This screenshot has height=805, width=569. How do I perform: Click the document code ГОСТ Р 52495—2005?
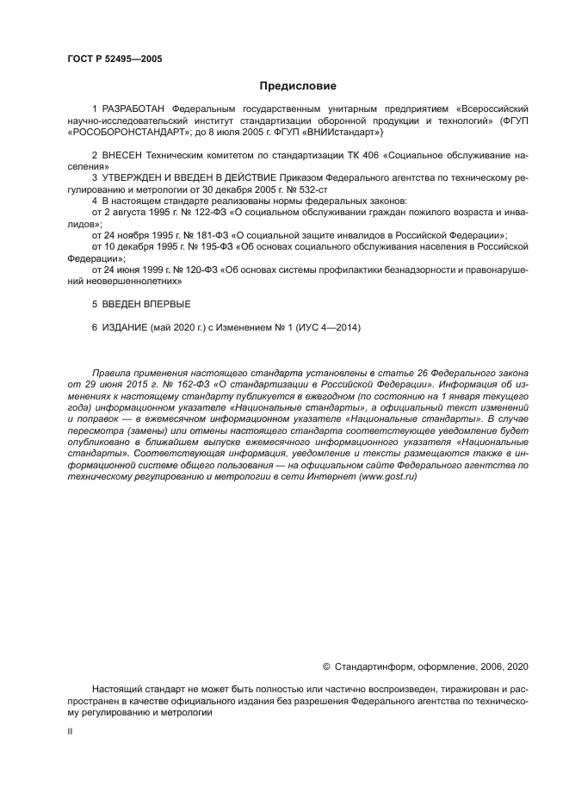(114, 59)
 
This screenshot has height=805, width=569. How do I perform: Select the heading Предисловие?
(298, 86)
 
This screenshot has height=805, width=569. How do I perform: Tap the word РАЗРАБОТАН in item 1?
(134, 110)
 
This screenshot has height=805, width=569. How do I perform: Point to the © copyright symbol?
(326, 666)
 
